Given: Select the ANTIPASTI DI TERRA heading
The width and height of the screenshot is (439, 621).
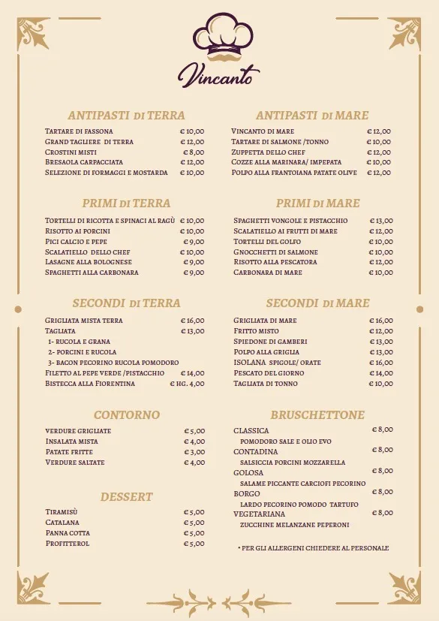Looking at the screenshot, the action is pos(126,115).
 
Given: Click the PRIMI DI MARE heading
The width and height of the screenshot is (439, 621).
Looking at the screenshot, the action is pos(317,203).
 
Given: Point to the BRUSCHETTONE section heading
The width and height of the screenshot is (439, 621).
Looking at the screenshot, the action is pos(317,415).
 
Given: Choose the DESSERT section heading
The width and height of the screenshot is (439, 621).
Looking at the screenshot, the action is pos(126,496).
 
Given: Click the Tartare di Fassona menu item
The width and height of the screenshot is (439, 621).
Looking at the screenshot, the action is pos(79,131).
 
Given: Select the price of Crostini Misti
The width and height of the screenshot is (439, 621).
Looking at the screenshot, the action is pos(193,152).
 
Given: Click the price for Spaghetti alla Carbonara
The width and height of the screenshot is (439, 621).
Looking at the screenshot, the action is pos(193,273).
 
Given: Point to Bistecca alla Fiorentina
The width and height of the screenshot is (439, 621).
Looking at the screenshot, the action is pos(90,383).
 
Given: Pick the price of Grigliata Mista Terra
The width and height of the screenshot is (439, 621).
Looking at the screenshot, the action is pos(192,321).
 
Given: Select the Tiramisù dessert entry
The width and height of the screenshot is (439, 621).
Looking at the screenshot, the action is pos(62,512).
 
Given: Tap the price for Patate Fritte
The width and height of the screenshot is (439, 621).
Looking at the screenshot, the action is pos(194,452).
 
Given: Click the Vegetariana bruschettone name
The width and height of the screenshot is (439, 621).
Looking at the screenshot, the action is pos(260,514).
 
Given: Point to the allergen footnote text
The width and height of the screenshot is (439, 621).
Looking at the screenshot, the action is pos(313,548).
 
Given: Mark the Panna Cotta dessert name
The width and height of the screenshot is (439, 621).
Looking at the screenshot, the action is pos(68,533).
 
